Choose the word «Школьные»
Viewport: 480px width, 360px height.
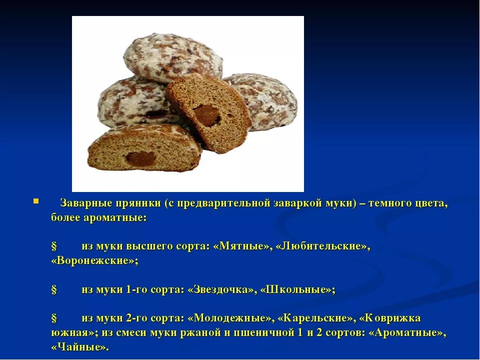click(x=297, y=290)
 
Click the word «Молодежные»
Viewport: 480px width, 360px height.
click(x=230, y=318)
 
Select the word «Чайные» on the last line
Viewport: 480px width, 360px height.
click(x=79, y=347)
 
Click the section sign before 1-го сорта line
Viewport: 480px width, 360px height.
click(x=54, y=290)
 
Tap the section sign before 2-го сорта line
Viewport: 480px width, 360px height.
click(x=54, y=318)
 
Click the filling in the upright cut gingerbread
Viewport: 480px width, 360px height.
click(x=206, y=115)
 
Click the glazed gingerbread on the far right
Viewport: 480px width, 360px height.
click(x=270, y=100)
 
